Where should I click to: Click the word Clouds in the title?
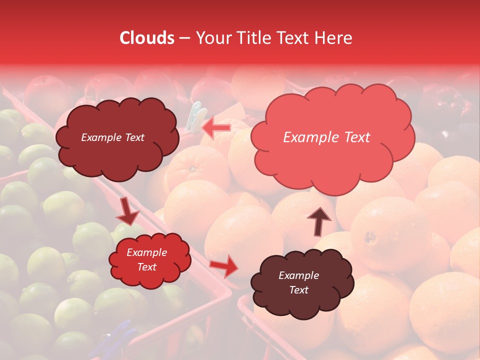click(147, 38)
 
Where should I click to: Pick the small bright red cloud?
click(149, 260)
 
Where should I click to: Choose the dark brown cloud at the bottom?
click(302, 282)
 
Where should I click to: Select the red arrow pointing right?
click(224, 266)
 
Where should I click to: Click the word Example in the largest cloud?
click(310, 137)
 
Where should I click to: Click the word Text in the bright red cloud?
click(147, 267)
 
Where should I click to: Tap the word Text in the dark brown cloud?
click(298, 290)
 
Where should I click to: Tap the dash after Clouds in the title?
click(184, 38)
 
